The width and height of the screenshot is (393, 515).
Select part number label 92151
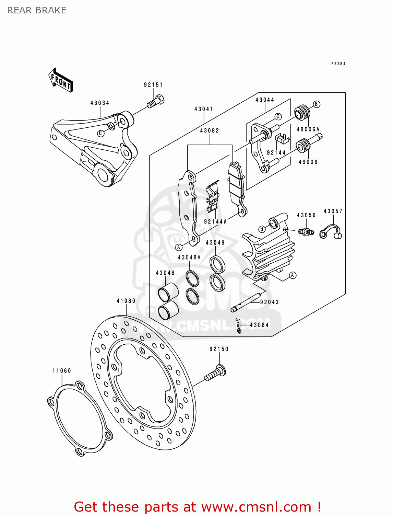(153, 85)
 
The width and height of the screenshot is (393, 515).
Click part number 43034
(100, 103)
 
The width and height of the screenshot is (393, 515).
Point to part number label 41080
(126, 301)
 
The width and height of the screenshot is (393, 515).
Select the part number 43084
(259, 325)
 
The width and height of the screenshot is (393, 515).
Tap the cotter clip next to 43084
(239, 325)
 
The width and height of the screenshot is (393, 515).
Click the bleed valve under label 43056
(306, 232)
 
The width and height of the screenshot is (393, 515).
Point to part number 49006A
(308, 129)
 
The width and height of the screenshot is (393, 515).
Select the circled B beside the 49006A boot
(317, 104)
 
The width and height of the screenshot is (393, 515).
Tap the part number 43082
(210, 131)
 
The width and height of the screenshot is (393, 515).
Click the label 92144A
(215, 222)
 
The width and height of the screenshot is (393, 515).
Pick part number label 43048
(165, 273)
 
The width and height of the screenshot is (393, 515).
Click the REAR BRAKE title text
(37, 10)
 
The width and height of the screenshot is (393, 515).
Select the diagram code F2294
(338, 64)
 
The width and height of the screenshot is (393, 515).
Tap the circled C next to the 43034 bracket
(100, 133)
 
